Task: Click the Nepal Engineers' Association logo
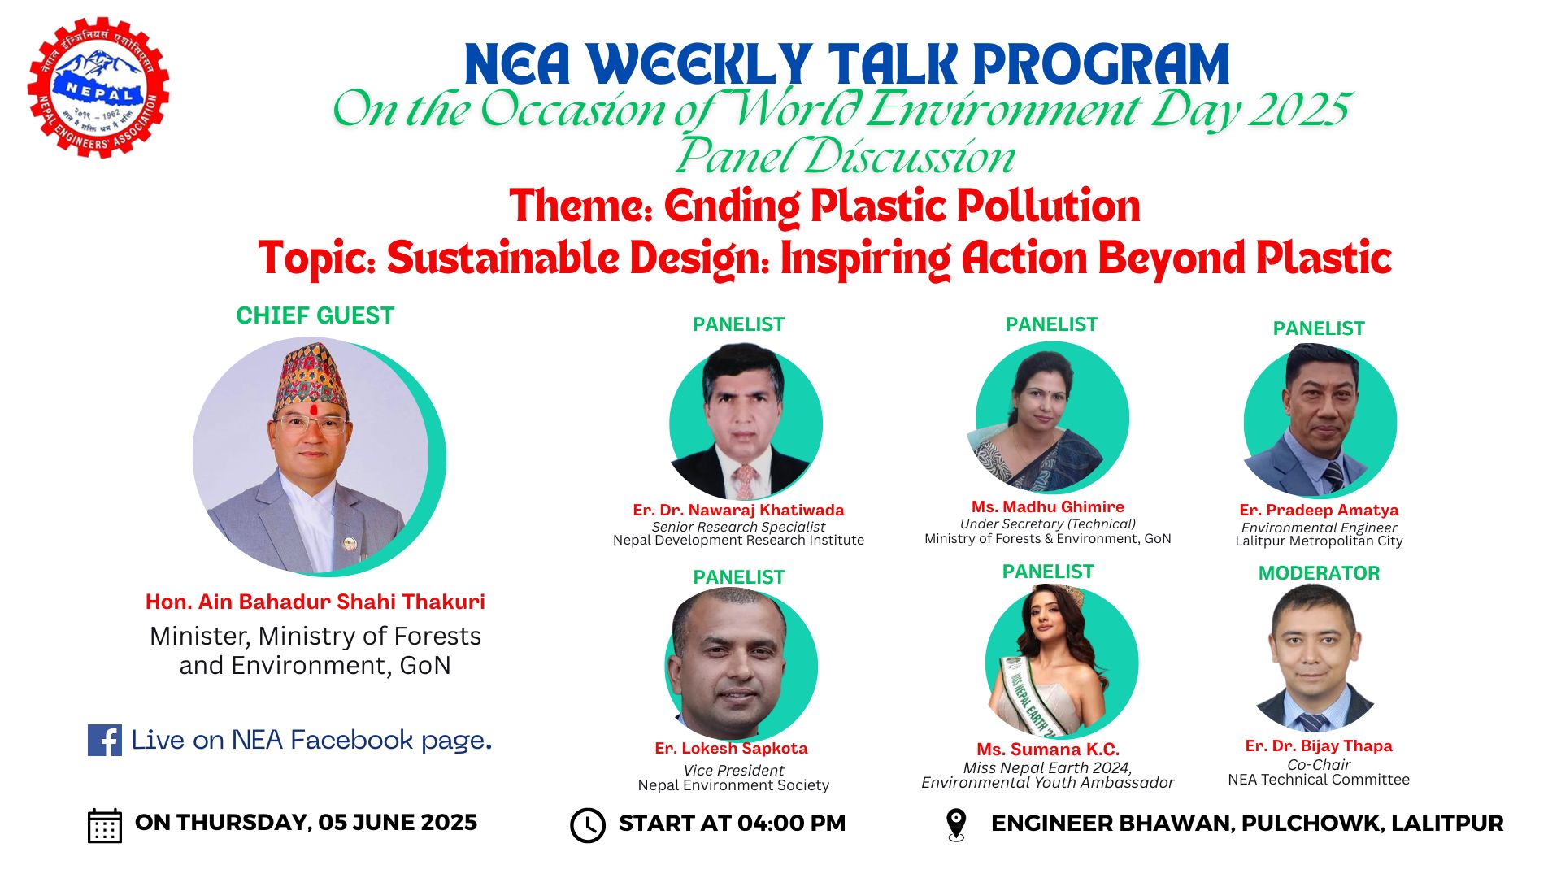tap(98, 88)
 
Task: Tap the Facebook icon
tap(104, 741)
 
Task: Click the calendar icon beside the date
tap(104, 825)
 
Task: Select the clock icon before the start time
tap(587, 825)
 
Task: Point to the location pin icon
tap(956, 824)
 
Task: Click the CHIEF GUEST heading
tap(315, 315)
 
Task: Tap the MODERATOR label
tap(1319, 573)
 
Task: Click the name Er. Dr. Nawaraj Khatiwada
tap(738, 510)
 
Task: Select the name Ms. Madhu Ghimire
tap(1047, 506)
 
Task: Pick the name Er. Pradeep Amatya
tap(1319, 510)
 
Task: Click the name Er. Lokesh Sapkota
tap(731, 748)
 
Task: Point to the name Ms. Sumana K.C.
tap(1048, 749)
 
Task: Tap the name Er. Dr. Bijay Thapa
tap(1318, 745)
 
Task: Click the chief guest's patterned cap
tap(311, 378)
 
